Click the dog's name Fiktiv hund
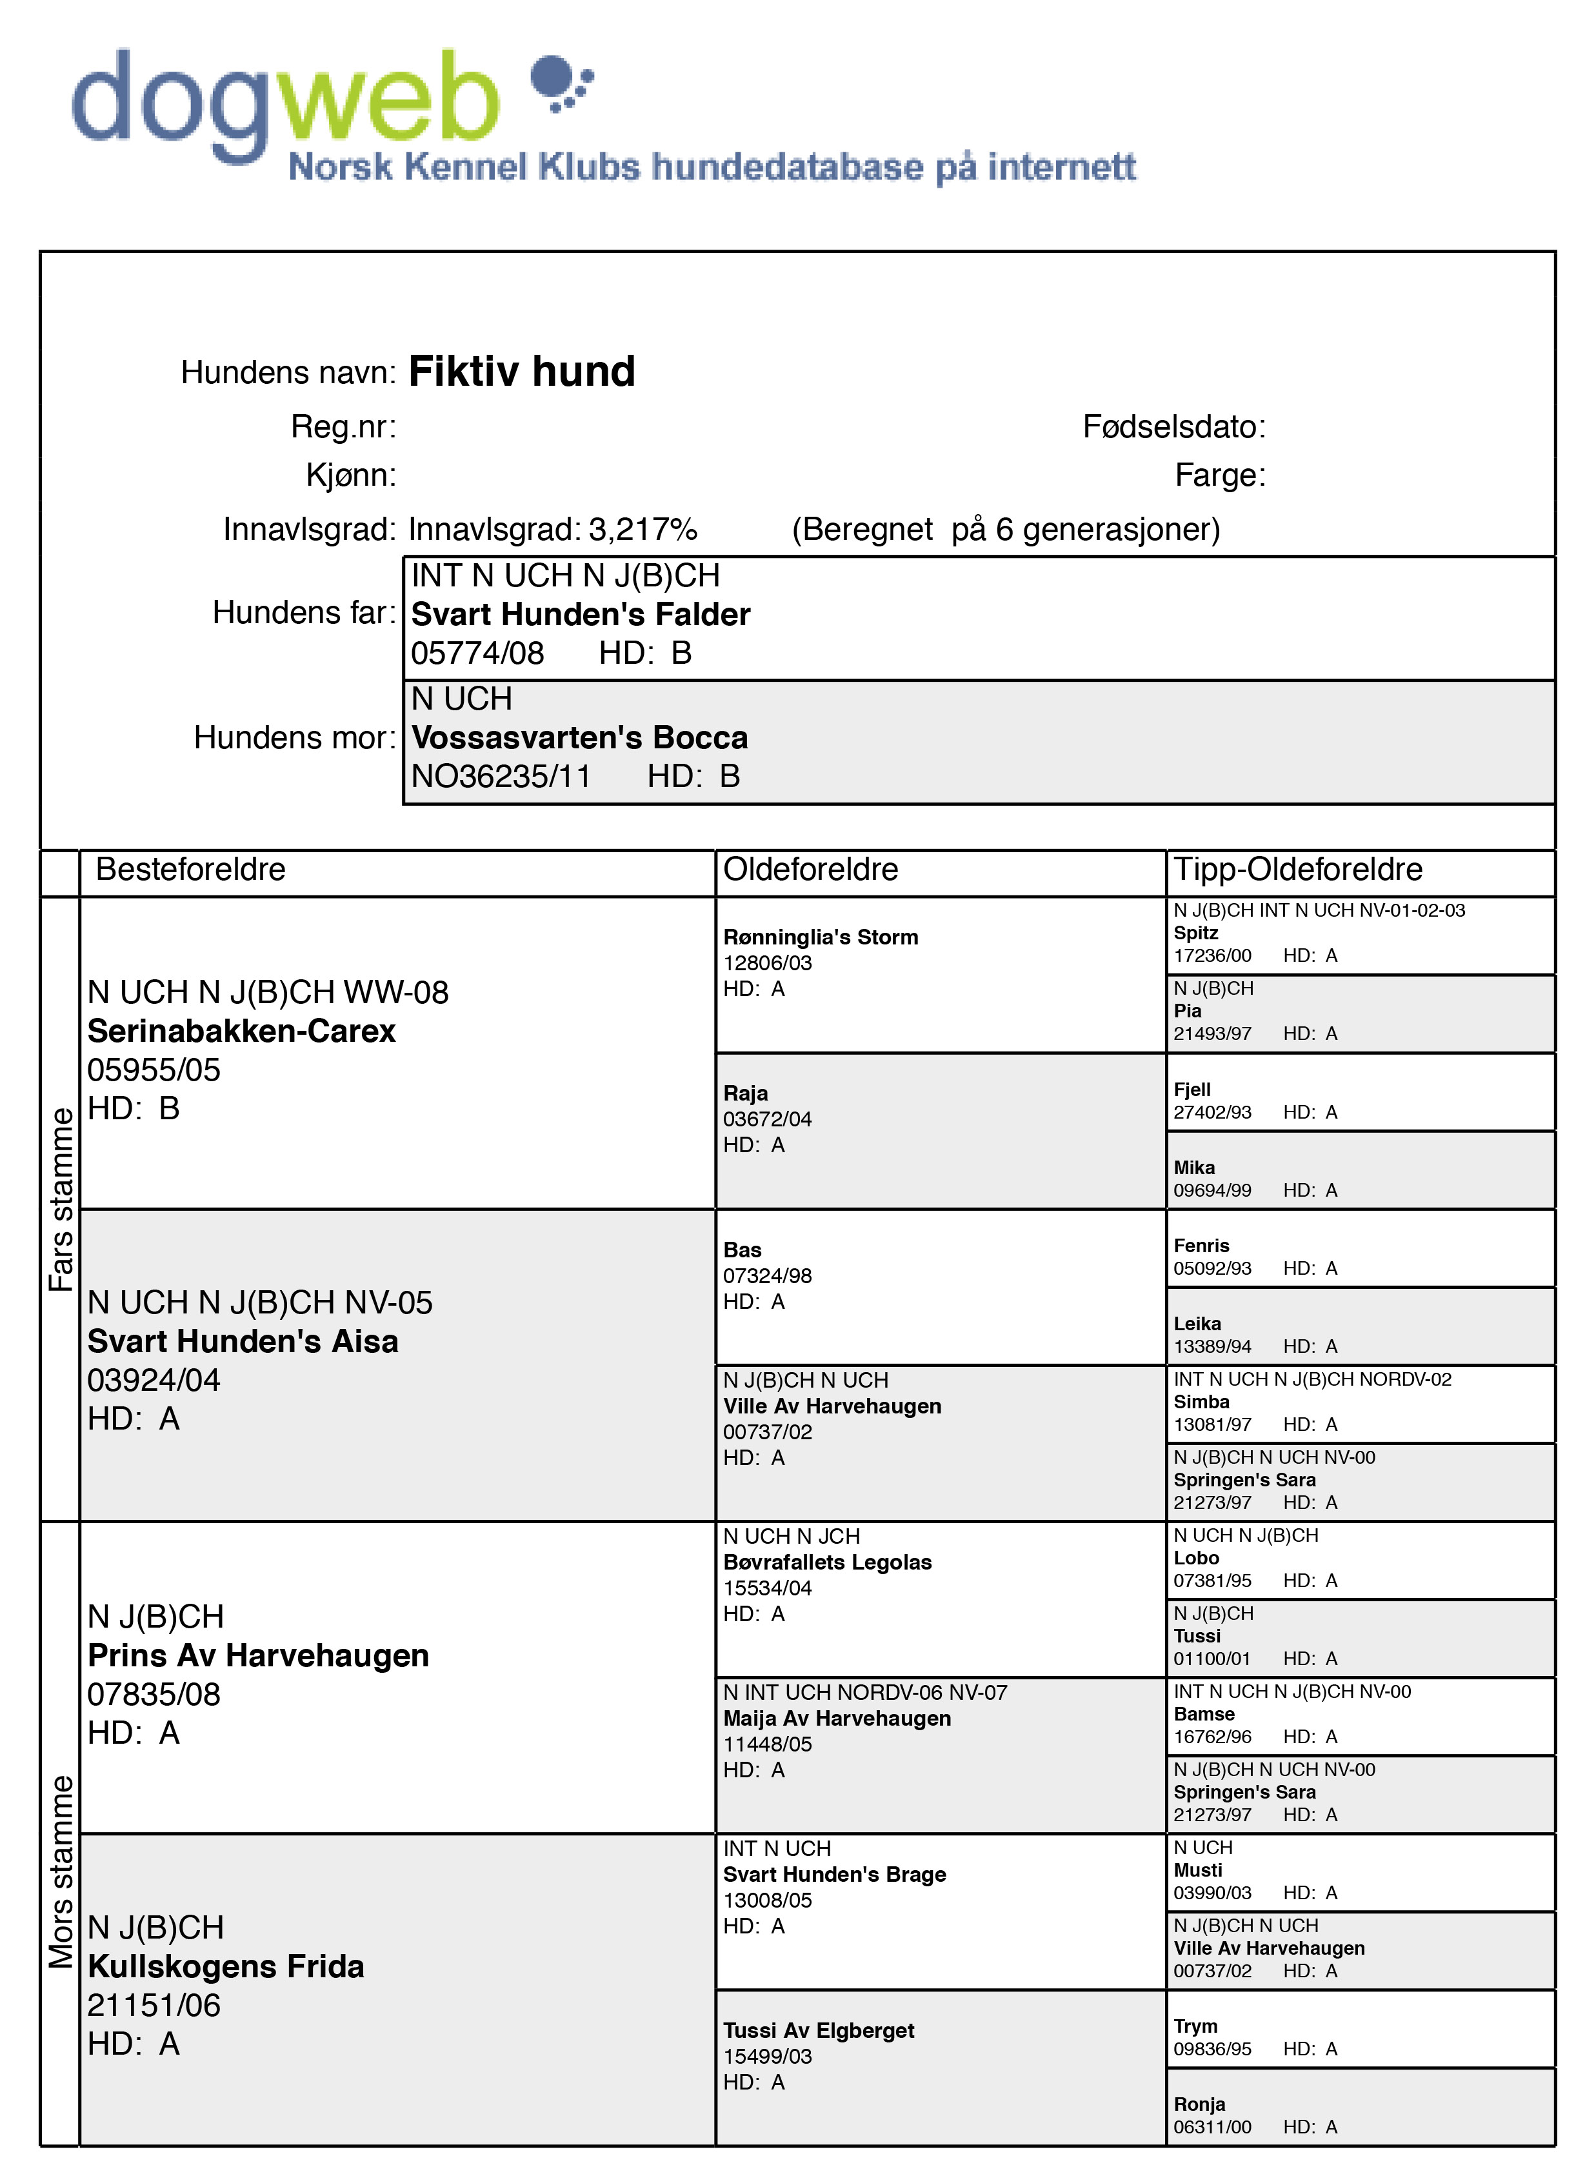click(521, 372)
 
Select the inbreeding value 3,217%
click(643, 529)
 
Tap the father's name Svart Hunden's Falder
click(581, 614)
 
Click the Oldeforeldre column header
click(810, 870)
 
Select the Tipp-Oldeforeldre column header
click(1297, 870)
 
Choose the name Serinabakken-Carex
click(241, 1031)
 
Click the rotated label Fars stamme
click(60, 1199)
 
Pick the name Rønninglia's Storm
click(820, 937)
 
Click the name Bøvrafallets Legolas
click(826, 1562)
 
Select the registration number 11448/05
click(768, 1744)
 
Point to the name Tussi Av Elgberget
click(818, 2030)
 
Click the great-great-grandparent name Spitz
click(1195, 933)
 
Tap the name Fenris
click(1201, 1246)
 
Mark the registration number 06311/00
click(1212, 2127)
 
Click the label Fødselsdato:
click(1173, 426)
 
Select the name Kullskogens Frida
click(226, 1966)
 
